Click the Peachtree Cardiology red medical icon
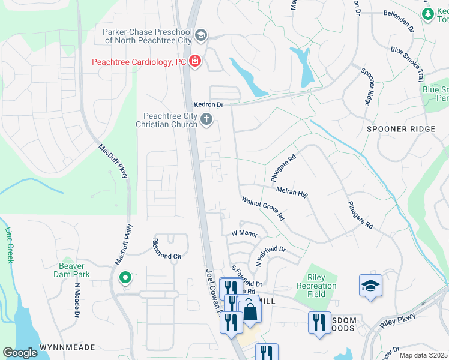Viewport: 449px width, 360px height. pos(194,61)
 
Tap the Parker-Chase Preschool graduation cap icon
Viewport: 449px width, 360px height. pos(201,35)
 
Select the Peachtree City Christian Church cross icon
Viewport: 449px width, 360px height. pos(206,119)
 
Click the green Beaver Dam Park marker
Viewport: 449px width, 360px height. pos(125,277)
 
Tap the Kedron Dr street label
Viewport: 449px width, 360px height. pos(208,104)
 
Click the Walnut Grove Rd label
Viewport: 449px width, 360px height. pos(263,209)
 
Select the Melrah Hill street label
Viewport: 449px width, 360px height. pos(291,190)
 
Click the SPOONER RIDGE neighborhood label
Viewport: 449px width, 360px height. pos(394,129)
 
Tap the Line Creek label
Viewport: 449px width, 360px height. pos(9,245)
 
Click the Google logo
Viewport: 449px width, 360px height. pos(20,352)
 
